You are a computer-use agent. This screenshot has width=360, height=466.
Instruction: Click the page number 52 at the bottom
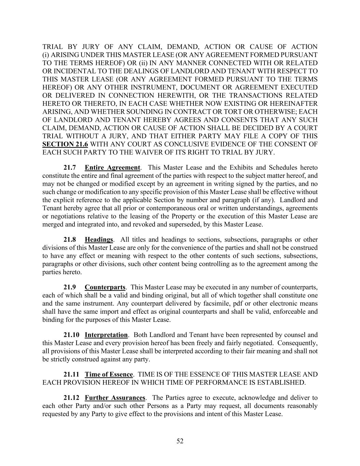coord(180,441)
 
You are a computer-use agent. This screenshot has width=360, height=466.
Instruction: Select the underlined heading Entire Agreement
coord(112,168)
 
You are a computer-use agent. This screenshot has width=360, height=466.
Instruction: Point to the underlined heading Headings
coord(99,240)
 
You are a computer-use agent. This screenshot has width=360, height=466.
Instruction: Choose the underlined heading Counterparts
coord(105,287)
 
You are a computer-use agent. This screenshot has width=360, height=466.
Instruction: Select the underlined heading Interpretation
coord(106,335)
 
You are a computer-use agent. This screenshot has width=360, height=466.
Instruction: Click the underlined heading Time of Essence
coord(109,375)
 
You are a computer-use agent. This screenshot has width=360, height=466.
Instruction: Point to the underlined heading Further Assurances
coord(115,398)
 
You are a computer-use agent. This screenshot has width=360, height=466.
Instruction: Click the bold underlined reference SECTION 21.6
coord(63,144)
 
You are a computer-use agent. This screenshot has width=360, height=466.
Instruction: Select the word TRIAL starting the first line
coord(52,47)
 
